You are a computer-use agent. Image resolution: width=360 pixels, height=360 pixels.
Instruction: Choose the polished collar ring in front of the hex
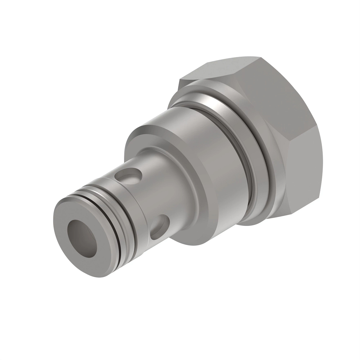click(x=258, y=144)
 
